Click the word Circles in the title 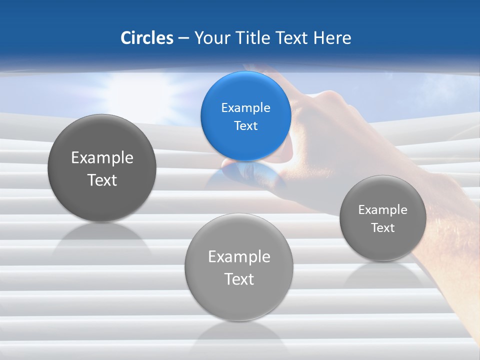point(146,38)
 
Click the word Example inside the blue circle point(245,108)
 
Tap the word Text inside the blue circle point(245,125)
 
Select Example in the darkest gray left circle point(102,158)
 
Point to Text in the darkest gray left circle point(102,180)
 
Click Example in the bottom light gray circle point(239,257)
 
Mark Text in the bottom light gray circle point(239,279)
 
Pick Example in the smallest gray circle point(382,210)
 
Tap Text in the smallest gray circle point(382,228)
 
